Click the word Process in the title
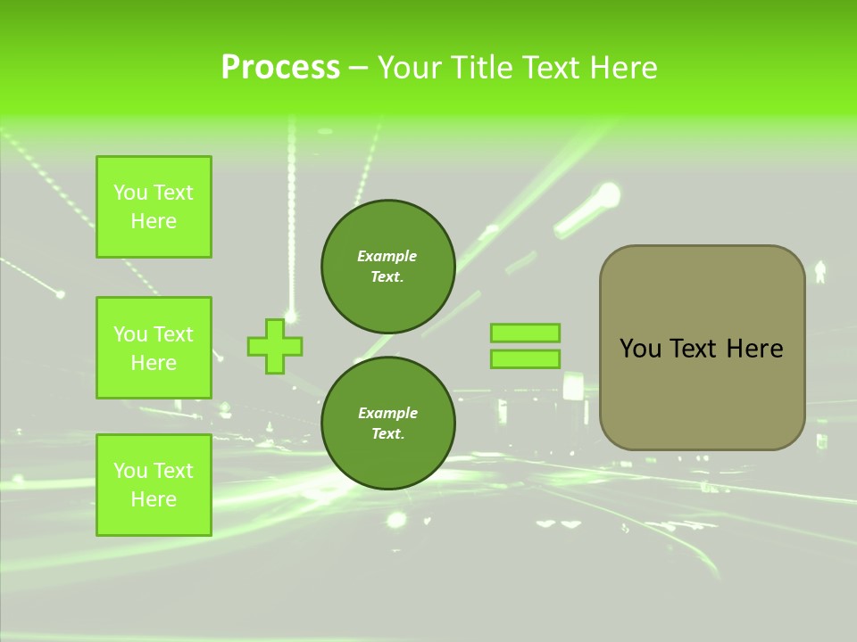tap(280, 67)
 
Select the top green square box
tap(154, 207)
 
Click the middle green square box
tap(154, 348)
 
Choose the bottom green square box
tap(154, 485)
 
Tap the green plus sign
tap(275, 347)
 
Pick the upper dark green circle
tap(388, 266)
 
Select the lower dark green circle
tap(388, 423)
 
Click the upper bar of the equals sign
tap(525, 333)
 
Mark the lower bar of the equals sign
tap(525, 359)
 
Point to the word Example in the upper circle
tap(387, 256)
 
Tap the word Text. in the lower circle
tap(387, 433)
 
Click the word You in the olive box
tap(640, 349)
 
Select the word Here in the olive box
tap(754, 349)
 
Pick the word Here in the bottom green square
tap(154, 499)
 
